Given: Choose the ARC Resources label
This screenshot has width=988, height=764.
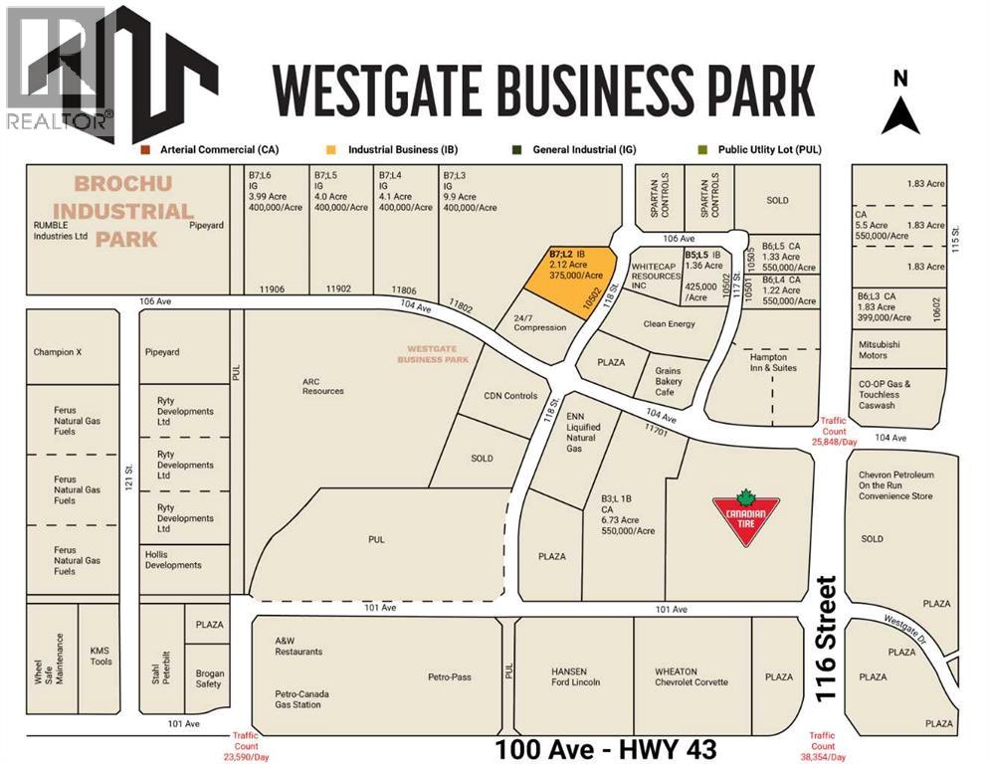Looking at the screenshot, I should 323,385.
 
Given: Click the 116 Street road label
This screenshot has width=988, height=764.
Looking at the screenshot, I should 828,641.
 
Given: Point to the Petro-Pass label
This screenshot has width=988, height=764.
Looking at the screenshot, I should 450,677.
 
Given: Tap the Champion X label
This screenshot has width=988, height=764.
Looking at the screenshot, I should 64,352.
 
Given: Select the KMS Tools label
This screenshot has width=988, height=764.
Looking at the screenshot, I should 101,656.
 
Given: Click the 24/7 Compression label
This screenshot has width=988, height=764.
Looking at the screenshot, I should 540,321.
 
